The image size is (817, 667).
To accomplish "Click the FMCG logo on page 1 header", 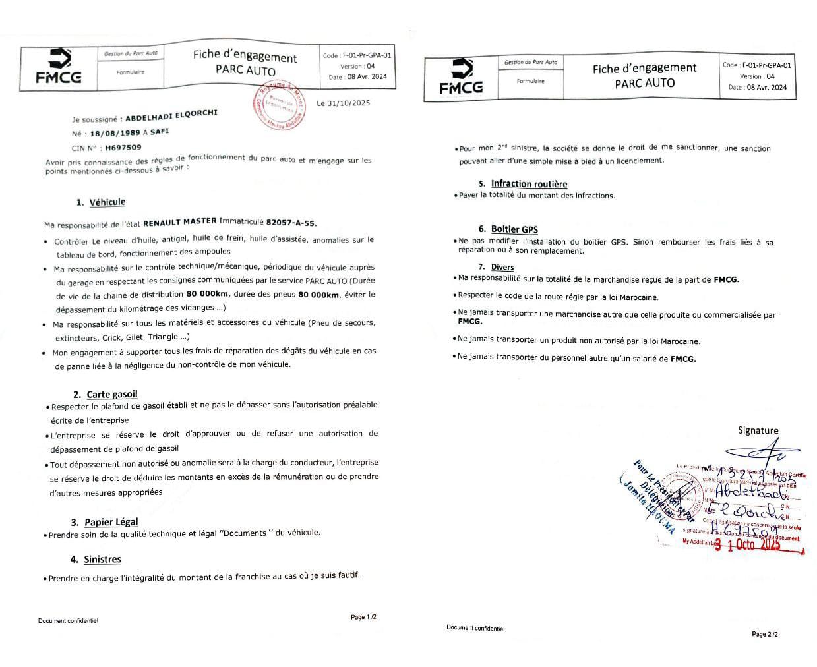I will click(x=59, y=67).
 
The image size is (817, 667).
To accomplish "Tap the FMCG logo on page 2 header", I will click(x=461, y=76).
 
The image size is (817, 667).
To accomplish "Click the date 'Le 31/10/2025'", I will click(x=343, y=103).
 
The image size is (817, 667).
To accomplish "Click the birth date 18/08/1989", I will click(x=116, y=132).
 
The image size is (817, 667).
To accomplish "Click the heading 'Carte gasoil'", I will click(x=112, y=394).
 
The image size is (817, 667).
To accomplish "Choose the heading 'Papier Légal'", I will click(x=111, y=522).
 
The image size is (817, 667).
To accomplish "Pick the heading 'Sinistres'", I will click(x=102, y=559).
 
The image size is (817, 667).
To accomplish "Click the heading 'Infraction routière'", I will click(x=529, y=184).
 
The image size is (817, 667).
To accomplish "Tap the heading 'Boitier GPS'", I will click(x=514, y=229).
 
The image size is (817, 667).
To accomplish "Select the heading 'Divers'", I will click(x=502, y=267).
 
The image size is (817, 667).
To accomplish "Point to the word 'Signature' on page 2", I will click(x=758, y=430).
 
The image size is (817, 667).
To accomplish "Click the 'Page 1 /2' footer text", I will click(x=363, y=617).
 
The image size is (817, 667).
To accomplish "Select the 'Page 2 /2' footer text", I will click(x=765, y=634).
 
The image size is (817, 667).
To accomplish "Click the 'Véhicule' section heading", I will click(x=107, y=202).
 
